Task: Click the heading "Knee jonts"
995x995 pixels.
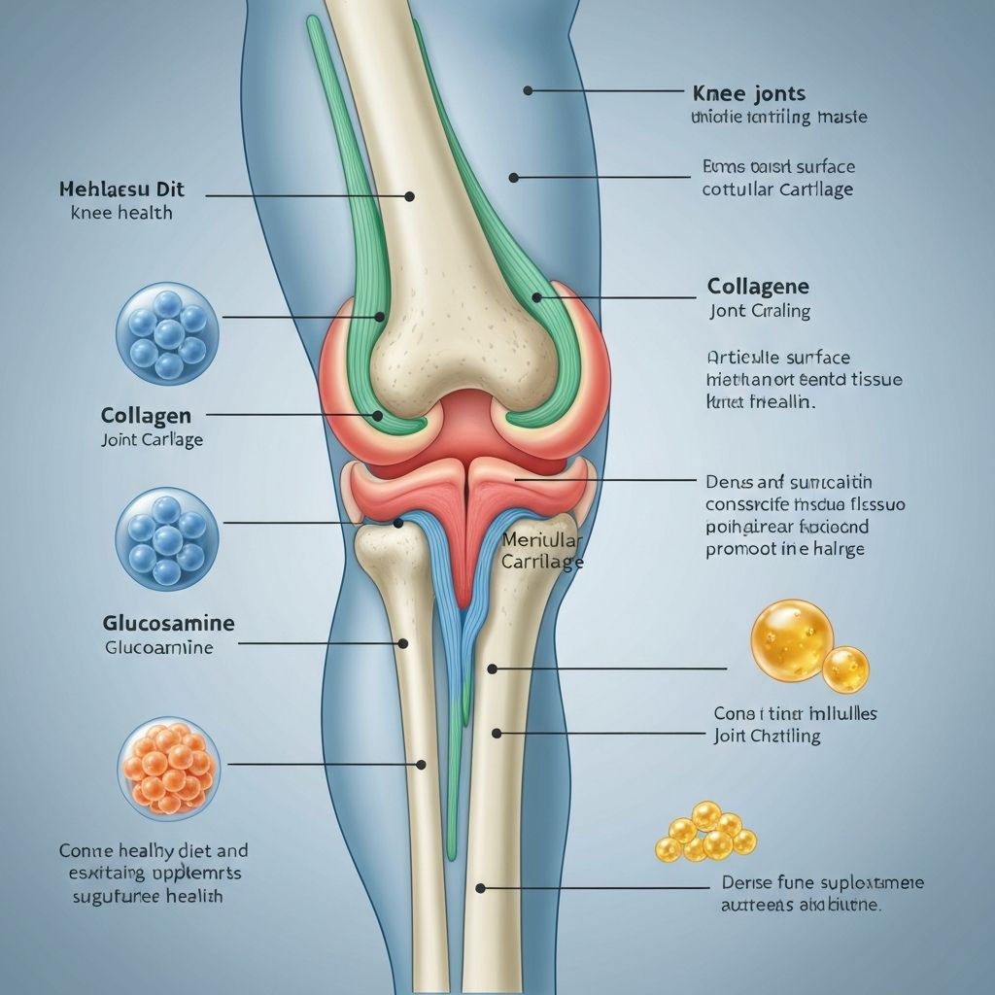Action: coord(749,94)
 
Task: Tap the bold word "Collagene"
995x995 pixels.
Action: coord(758,287)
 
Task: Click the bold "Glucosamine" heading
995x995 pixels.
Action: coord(168,623)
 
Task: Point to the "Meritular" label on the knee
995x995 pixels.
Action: coord(542,541)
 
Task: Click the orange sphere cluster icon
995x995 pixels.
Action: coord(168,765)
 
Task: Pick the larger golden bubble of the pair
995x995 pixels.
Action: coord(792,638)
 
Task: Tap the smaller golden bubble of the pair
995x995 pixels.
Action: coord(845,669)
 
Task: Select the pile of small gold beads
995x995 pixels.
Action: coord(705,834)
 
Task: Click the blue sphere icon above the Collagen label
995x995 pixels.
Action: coord(167,333)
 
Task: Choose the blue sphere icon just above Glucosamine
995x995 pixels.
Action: coord(167,537)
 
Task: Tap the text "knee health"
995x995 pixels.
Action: coord(121,212)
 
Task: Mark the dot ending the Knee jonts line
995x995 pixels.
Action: coord(528,90)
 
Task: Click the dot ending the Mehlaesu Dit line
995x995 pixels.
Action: coord(409,196)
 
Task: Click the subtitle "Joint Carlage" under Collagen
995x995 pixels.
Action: coord(153,439)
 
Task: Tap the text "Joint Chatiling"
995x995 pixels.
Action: coord(767,736)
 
